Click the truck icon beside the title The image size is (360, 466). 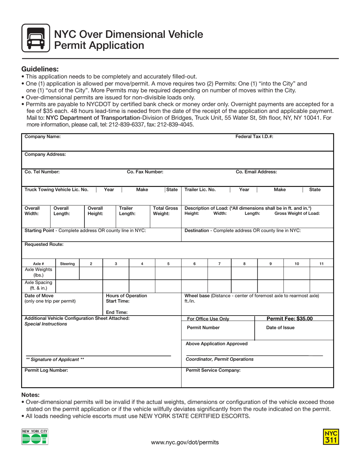coord(36,38)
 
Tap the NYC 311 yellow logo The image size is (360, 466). coord(331,436)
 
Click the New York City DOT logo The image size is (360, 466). coord(35,437)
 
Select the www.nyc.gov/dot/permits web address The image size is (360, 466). coord(185,442)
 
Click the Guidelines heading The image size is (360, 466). coord(40,69)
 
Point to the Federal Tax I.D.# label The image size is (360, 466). coord(254,137)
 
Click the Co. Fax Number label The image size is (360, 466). coord(145,172)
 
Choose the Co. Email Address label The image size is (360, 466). coord(256,172)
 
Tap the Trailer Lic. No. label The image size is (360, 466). coord(200,189)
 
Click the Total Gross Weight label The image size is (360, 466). coord(165,211)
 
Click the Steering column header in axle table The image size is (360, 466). coord(67,263)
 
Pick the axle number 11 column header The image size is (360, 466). coord(321,263)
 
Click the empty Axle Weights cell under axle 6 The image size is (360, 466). coord(194,272)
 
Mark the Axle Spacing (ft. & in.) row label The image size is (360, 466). coord(39,285)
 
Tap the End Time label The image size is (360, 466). coord(117,312)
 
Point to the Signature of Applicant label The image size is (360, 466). coord(55,359)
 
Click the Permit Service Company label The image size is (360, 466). coord(213,370)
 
